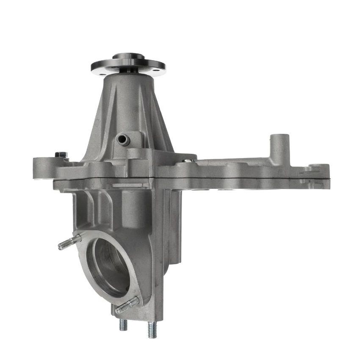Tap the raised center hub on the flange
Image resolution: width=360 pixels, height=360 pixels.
click(128, 56)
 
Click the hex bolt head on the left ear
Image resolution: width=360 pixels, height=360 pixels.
click(61, 155)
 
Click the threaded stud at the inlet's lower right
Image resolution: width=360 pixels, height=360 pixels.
click(127, 305)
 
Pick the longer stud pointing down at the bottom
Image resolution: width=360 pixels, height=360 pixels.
click(152, 329)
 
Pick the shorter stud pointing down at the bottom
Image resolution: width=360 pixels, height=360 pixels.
click(123, 324)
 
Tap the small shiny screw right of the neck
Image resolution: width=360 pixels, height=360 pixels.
click(188, 161)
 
